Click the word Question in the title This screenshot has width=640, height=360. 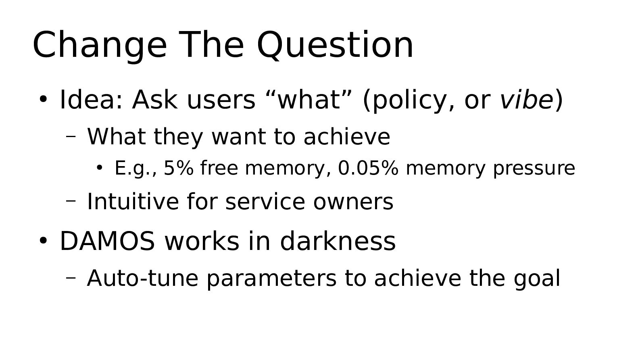[335, 45]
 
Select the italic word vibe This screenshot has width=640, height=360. [526, 100]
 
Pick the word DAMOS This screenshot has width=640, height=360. [107, 241]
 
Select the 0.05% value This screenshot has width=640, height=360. [368, 168]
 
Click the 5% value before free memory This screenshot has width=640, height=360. [179, 168]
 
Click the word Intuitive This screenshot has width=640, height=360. [133, 202]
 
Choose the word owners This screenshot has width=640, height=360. [353, 202]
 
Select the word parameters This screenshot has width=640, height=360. [271, 279]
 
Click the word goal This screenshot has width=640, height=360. [537, 279]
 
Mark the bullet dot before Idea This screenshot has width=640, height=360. [43, 99]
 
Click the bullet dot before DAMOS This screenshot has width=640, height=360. [43, 241]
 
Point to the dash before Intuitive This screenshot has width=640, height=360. [71, 201]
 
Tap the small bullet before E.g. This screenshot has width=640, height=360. [99, 168]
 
